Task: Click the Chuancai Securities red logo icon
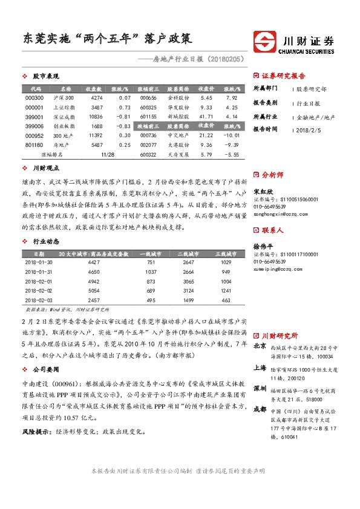click(265, 42)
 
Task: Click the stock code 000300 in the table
click(34, 97)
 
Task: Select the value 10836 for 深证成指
click(96, 116)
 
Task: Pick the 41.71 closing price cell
click(206, 116)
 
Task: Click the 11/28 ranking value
click(108, 155)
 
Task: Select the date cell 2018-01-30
click(38, 262)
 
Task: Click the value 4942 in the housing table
click(94, 282)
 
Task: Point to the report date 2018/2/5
click(310, 129)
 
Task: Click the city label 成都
click(260, 409)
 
